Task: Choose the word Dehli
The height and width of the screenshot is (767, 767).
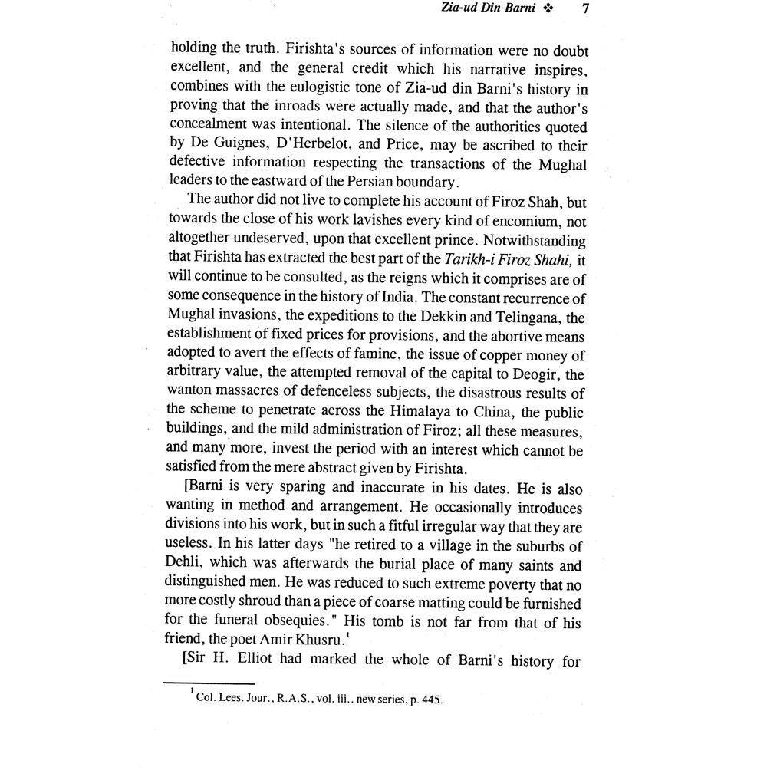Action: click(187, 566)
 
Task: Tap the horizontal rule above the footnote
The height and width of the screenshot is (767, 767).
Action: click(210, 683)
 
